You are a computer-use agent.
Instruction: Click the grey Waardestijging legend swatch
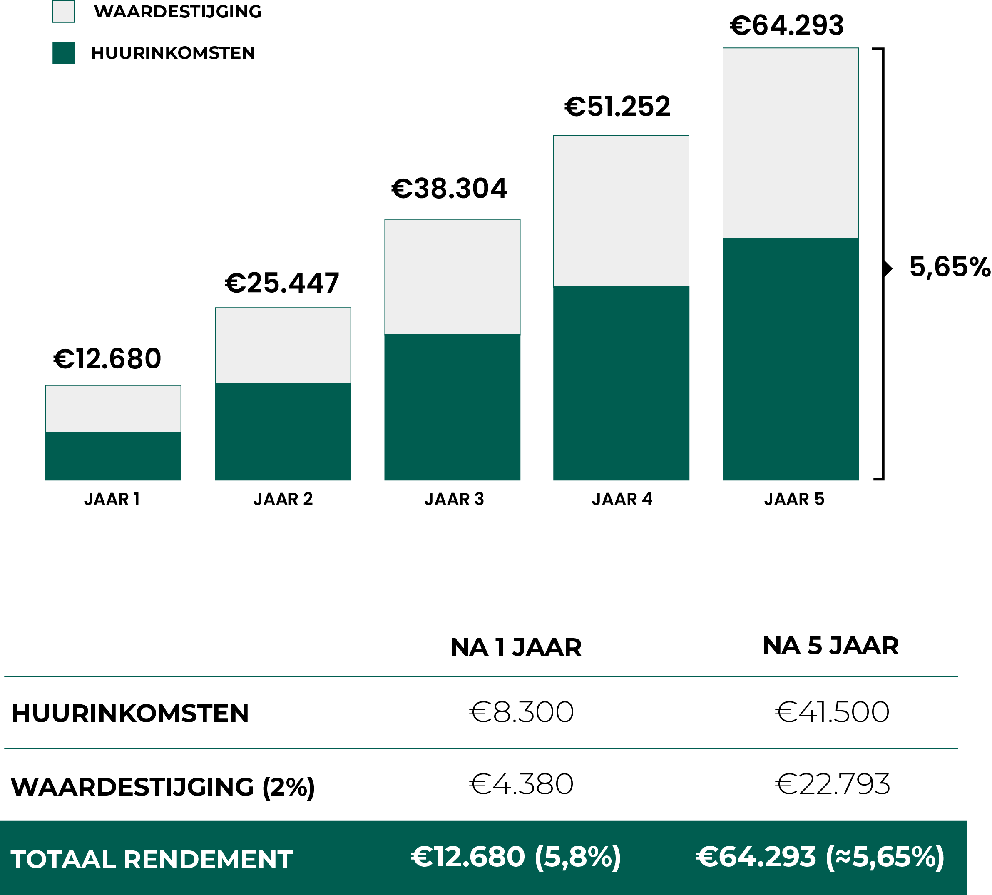[63, 12]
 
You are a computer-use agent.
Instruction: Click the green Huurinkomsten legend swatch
[63, 53]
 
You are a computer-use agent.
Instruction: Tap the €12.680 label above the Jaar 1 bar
[107, 358]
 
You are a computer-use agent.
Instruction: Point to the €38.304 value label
[449, 189]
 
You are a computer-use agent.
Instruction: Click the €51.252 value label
[617, 107]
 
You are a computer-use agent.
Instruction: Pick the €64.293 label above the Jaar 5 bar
[786, 25]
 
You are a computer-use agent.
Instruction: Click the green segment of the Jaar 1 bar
[114, 456]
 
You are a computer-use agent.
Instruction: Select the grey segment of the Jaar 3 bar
[452, 276]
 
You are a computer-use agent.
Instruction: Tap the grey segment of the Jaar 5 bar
[791, 143]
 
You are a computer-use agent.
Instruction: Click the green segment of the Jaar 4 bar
[621, 383]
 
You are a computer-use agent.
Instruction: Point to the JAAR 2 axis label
[283, 499]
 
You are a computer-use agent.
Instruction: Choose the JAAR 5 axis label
[794, 499]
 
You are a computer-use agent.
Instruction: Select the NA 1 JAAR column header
[516, 647]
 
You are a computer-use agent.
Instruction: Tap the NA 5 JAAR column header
[830, 646]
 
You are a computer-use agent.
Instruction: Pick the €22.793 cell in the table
[832, 784]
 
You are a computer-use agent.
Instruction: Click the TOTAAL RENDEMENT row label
[152, 860]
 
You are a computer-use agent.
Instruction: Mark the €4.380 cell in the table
[521, 784]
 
